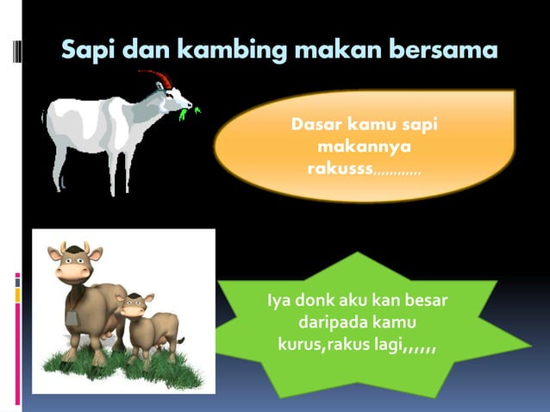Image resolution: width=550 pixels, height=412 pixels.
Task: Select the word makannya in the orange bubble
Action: [363, 147]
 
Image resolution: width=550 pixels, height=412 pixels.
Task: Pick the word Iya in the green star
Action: [278, 303]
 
